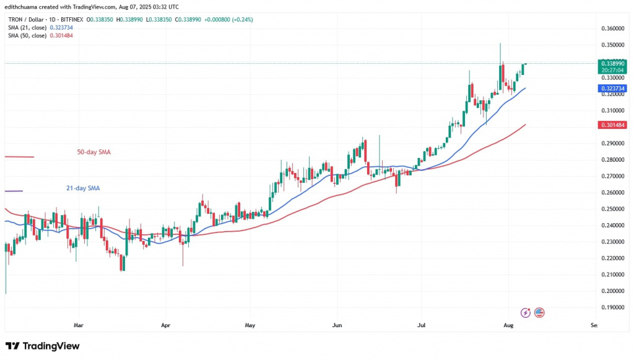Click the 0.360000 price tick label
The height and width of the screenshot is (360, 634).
click(x=613, y=29)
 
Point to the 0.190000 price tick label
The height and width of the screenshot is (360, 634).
click(x=613, y=307)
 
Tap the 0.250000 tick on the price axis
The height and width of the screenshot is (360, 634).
click(x=613, y=209)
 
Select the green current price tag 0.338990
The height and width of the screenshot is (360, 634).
click(x=613, y=63)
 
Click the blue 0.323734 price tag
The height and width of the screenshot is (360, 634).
click(x=613, y=89)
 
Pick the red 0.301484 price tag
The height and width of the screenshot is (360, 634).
click(x=613, y=125)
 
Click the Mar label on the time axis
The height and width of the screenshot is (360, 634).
click(x=78, y=324)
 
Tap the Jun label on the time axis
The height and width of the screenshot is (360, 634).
click(x=337, y=324)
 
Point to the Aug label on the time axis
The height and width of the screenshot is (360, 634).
click(x=508, y=324)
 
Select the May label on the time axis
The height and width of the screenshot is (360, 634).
click(x=250, y=324)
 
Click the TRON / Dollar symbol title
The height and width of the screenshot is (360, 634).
click(x=31, y=19)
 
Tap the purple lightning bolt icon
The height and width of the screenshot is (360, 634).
click(x=526, y=312)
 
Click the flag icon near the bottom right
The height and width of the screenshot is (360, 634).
click(x=539, y=312)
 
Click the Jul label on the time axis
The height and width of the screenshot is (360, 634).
click(x=421, y=324)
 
